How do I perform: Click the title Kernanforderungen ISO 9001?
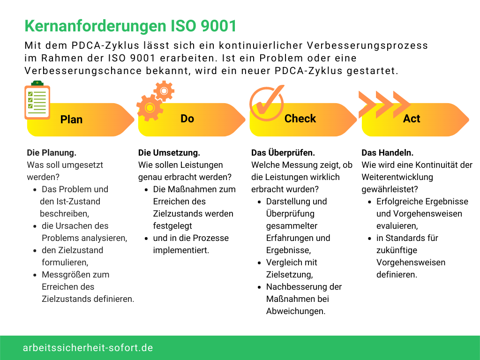pyautogui.click(x=130, y=26)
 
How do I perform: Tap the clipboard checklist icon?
pyautogui.click(x=37, y=100)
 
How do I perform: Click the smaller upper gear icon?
pyautogui.click(x=164, y=91)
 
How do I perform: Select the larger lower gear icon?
pyautogui.click(x=150, y=108)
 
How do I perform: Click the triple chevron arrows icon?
pyautogui.click(x=384, y=105)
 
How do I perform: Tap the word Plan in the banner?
pyautogui.click(x=71, y=120)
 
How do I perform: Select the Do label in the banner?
pyautogui.click(x=187, y=119)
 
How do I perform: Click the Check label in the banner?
pyautogui.click(x=300, y=119)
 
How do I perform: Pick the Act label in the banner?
pyautogui.click(x=412, y=119)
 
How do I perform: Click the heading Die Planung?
pyautogui.click(x=52, y=153)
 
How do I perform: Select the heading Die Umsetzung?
pyautogui.click(x=169, y=153)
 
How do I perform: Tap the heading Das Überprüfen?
pyautogui.click(x=283, y=152)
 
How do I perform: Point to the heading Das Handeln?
pyautogui.click(x=387, y=153)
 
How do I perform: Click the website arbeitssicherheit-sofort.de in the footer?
pyautogui.click(x=88, y=348)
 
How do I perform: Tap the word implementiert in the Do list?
pyautogui.click(x=181, y=250)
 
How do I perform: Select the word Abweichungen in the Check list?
pyautogui.click(x=296, y=311)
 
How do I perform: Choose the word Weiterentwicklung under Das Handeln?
pyautogui.click(x=397, y=177)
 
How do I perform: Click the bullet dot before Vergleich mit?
pyautogui.click(x=259, y=263)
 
